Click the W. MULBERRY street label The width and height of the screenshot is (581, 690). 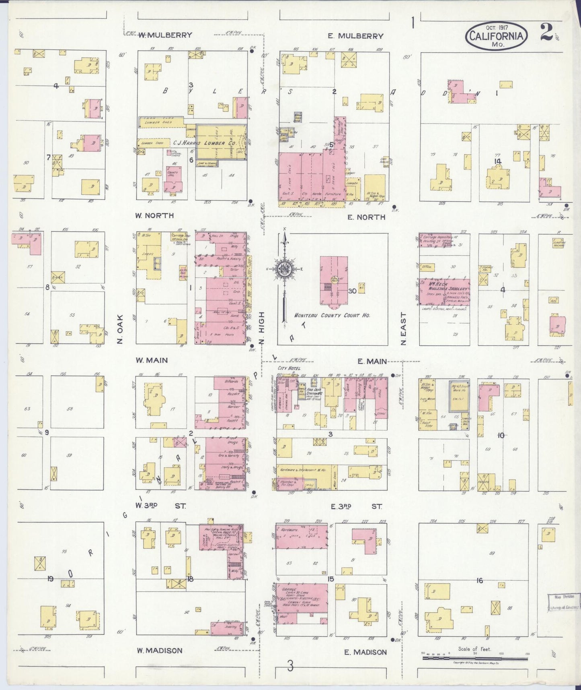tap(165, 35)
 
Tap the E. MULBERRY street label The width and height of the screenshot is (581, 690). tap(355, 36)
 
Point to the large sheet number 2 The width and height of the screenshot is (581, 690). tap(546, 33)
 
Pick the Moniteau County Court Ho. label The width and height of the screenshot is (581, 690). tap(327, 316)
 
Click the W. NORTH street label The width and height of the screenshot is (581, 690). tap(154, 216)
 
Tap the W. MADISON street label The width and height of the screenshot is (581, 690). tap(159, 651)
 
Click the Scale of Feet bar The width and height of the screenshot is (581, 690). tap(474, 658)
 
